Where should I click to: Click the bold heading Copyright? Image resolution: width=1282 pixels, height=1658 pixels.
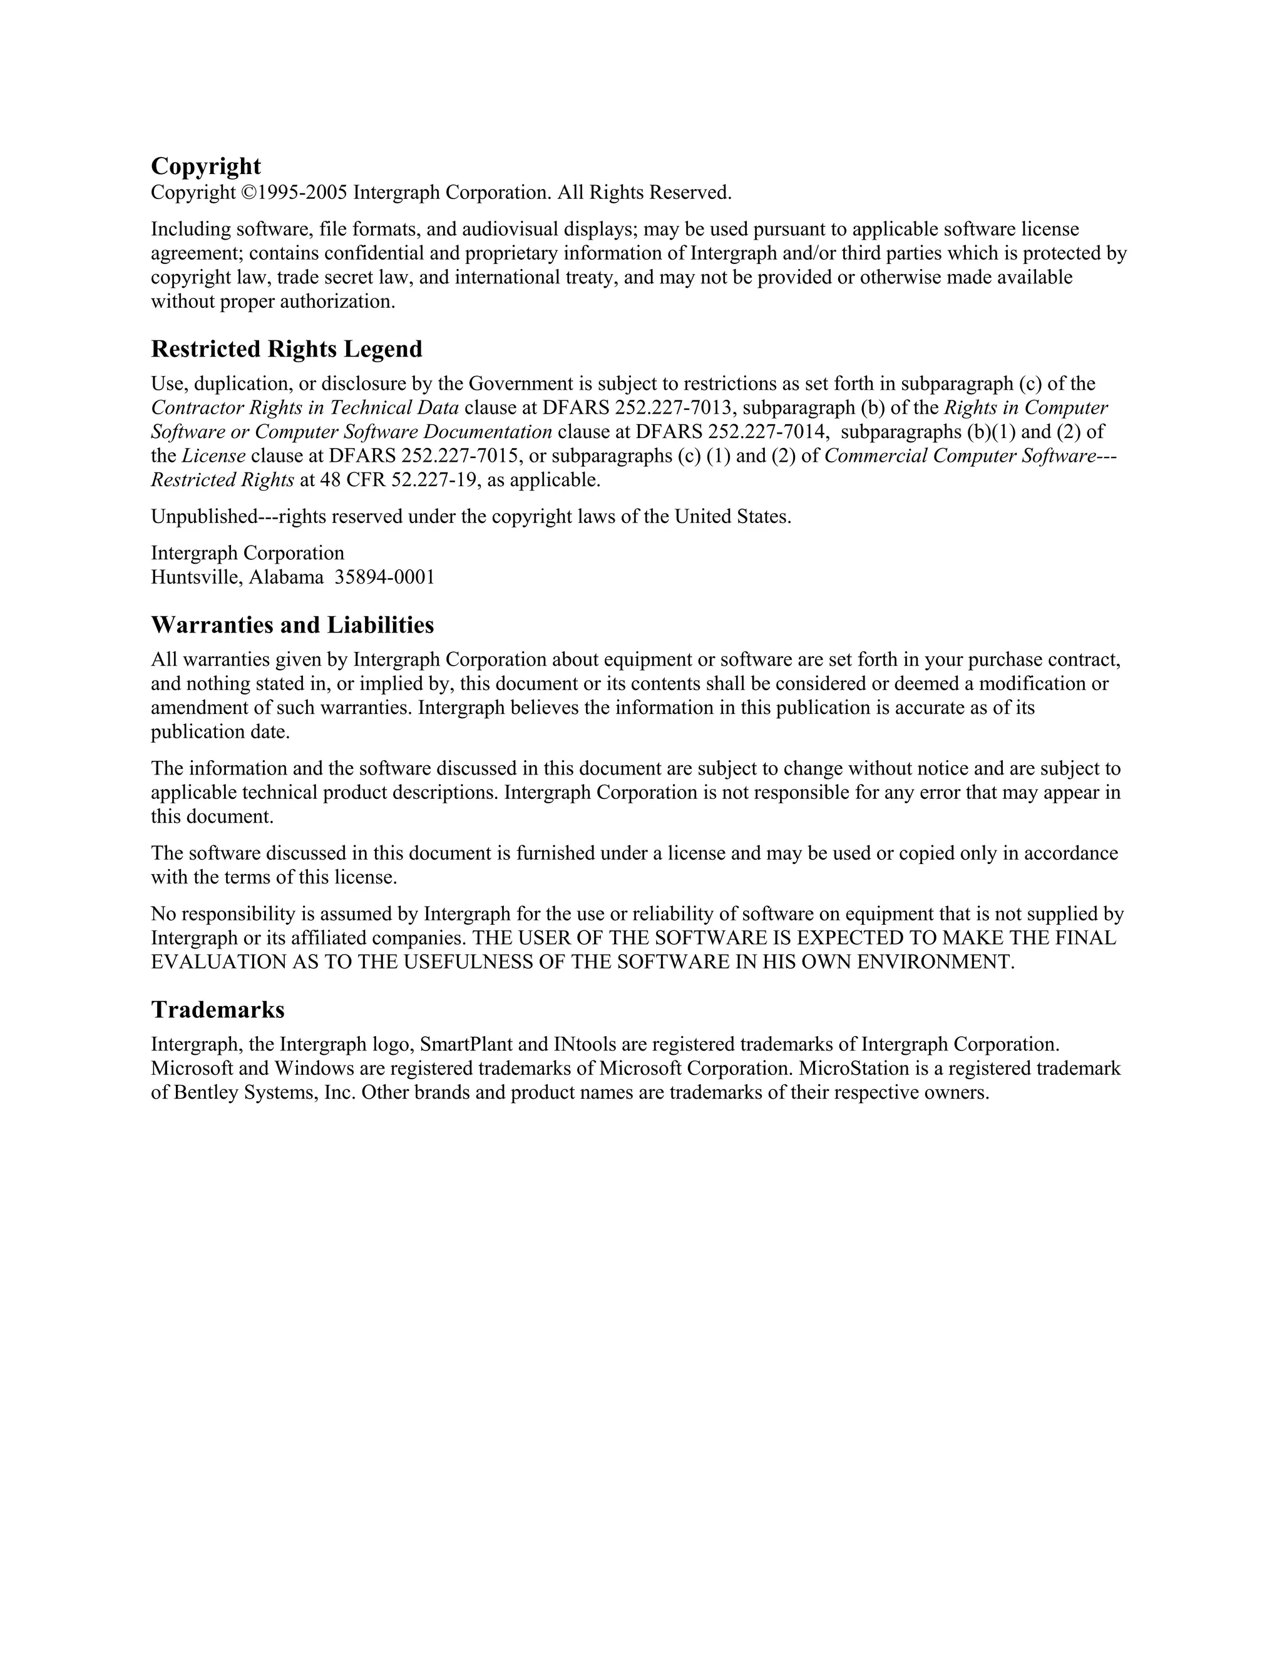coord(206,166)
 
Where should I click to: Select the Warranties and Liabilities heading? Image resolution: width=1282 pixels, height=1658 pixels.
coord(292,625)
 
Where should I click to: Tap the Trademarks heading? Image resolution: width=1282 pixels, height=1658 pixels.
coord(217,1010)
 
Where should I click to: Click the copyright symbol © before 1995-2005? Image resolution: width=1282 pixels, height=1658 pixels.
coord(249,193)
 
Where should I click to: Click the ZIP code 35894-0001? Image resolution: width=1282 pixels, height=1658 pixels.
coord(385,577)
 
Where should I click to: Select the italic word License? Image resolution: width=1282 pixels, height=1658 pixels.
coord(213,456)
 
